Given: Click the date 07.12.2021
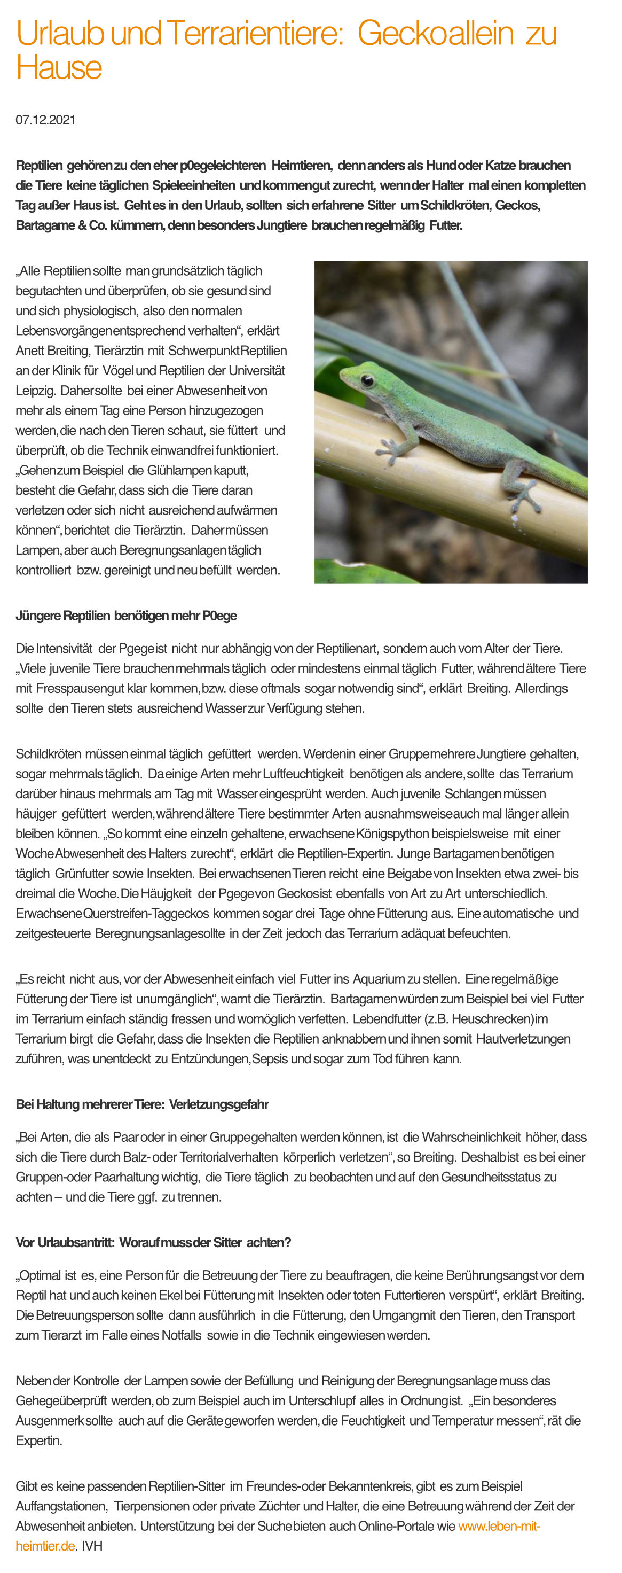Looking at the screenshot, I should (x=46, y=120).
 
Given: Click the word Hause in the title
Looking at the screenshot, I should (x=59, y=67).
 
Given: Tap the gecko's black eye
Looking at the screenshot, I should (x=367, y=380).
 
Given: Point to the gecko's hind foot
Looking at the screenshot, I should (x=523, y=501).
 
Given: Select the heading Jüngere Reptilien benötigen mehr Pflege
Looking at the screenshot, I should (x=126, y=616).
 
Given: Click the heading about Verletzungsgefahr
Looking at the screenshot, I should (x=141, y=1104).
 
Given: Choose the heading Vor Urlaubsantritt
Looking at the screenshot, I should (x=153, y=1242).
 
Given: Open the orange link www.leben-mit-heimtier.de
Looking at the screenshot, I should (x=499, y=1526).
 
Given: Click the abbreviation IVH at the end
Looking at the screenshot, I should (x=92, y=1546).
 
